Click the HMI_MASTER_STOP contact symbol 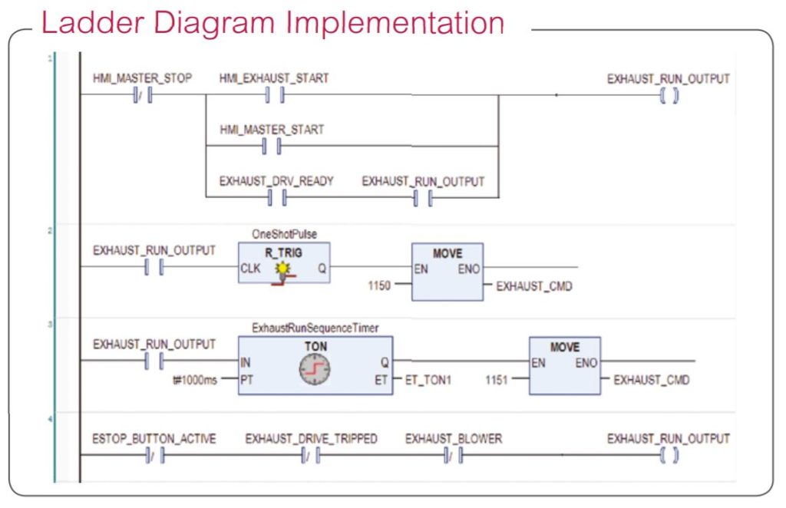(x=143, y=95)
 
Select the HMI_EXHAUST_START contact (x=275, y=94)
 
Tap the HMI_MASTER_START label (x=272, y=130)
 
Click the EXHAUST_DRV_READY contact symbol (x=277, y=198)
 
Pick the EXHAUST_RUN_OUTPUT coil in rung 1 (x=669, y=95)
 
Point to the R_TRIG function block (x=284, y=263)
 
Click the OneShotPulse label (x=284, y=234)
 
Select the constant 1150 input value (x=379, y=285)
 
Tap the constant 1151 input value (x=497, y=380)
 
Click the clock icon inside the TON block (x=314, y=370)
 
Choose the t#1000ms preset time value (x=195, y=381)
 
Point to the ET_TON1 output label (x=428, y=381)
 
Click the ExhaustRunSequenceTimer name (x=315, y=328)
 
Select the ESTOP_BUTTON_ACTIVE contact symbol (x=156, y=455)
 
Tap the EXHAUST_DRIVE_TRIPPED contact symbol (x=311, y=455)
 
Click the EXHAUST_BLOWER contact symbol (x=454, y=455)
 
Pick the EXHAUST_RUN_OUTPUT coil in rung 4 (x=669, y=455)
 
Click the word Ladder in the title (x=93, y=22)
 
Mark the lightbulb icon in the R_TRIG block (x=283, y=269)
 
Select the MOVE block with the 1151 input (x=565, y=366)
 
